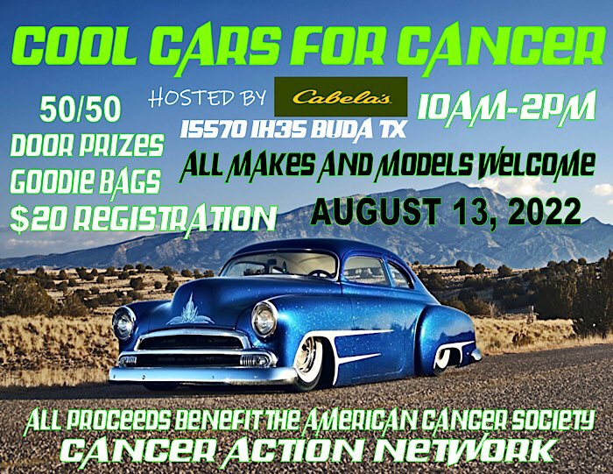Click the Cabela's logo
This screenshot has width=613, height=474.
pos(341,96)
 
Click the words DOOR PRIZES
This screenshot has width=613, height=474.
pos(86,146)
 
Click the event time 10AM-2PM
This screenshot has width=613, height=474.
pos(507,106)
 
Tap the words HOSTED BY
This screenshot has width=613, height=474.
pos(208,98)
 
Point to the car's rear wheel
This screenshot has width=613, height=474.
pos(444,358)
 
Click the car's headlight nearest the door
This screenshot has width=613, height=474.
pos(264,319)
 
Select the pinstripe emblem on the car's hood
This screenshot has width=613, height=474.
pos(190,312)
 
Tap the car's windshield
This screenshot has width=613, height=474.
pos(278,264)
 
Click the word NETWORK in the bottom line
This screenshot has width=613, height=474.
pos(464,450)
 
